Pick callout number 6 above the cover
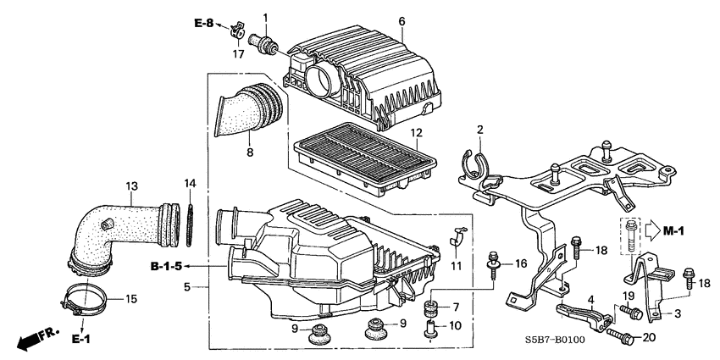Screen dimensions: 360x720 pos(402,20)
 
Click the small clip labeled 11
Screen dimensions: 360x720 pos(457,241)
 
